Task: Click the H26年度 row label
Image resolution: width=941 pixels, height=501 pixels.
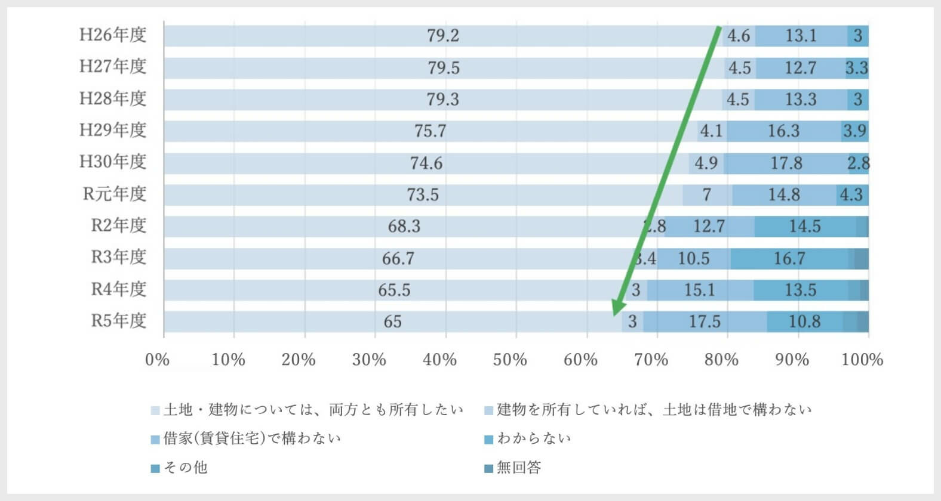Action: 113,35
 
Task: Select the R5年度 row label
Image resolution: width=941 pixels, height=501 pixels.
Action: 118,321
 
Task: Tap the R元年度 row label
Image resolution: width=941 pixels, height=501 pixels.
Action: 114,194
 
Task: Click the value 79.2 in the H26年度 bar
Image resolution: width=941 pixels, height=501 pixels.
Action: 443,36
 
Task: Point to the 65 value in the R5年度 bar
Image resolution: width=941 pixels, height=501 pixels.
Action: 392,322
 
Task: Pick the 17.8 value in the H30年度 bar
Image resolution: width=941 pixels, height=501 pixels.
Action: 786,163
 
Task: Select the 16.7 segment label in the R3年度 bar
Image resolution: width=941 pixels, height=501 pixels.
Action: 789,258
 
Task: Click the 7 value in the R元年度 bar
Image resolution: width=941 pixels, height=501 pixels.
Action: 707,195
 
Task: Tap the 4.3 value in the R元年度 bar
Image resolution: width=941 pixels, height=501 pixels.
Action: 851,195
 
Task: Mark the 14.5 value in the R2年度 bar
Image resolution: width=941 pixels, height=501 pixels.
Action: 804,227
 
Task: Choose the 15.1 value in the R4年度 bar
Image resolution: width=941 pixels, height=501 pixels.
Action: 699,290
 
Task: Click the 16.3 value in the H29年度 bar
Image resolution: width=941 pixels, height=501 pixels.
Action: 783,131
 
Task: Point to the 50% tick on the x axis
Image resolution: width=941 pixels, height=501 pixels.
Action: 510,360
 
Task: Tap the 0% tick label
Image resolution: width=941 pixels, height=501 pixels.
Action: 158,360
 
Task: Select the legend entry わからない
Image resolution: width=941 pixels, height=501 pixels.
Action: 533,439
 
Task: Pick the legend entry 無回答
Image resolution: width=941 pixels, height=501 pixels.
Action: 518,468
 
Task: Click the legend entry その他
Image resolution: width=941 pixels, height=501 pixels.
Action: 185,468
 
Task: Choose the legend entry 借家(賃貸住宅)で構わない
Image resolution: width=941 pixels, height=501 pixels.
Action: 251,439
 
